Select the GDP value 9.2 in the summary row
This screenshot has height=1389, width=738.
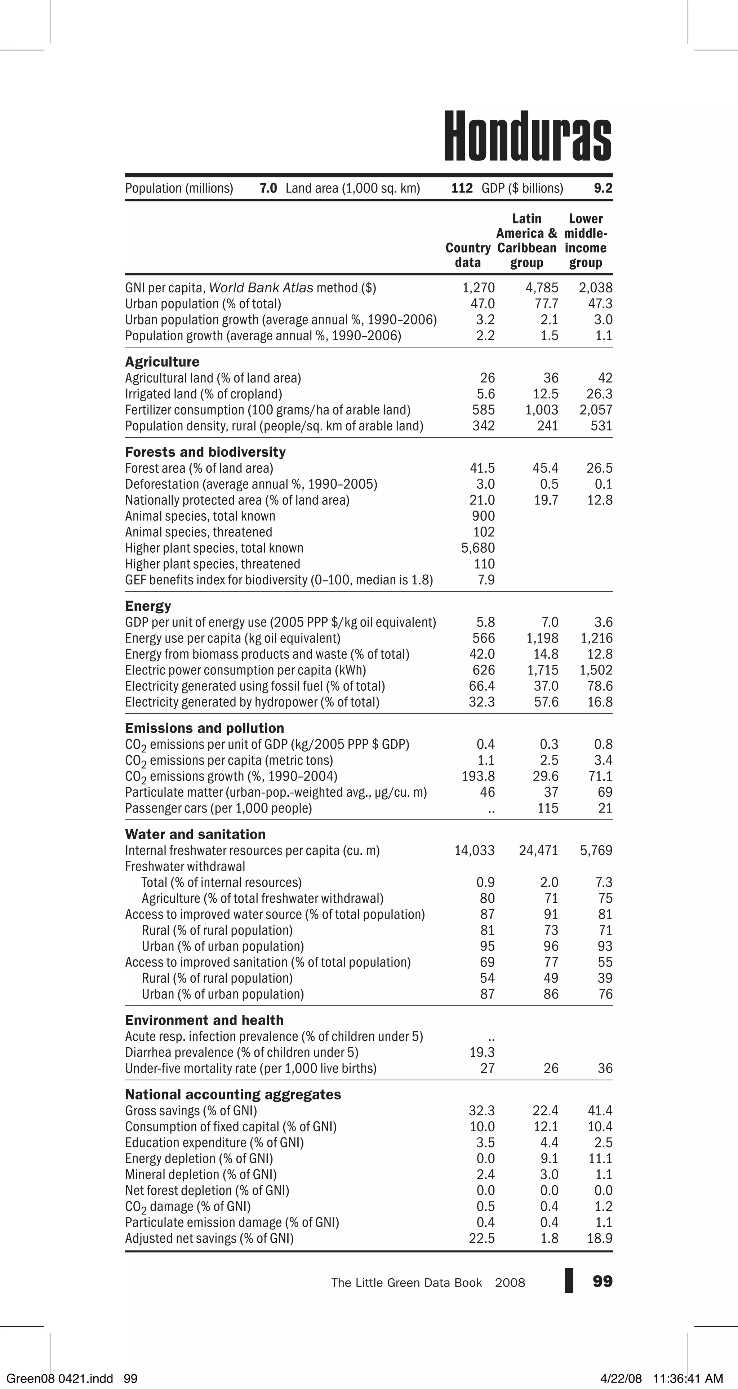[x=603, y=188]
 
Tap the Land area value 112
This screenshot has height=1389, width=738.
[x=462, y=188]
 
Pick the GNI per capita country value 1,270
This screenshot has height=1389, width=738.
[x=478, y=288]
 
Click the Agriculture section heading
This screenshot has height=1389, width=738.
[x=162, y=362]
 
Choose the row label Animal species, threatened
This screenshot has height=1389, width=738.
[x=199, y=532]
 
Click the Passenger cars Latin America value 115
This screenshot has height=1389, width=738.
[x=548, y=808]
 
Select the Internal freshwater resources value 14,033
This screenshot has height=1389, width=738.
[x=474, y=850]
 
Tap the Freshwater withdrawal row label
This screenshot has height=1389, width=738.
[x=185, y=867]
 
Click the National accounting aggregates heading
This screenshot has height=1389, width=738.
[x=233, y=1094]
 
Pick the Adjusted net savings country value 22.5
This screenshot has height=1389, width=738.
[x=482, y=1238]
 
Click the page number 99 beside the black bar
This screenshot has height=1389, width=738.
[x=602, y=1281]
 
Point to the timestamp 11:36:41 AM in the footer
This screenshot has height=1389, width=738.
[x=687, y=1378]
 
